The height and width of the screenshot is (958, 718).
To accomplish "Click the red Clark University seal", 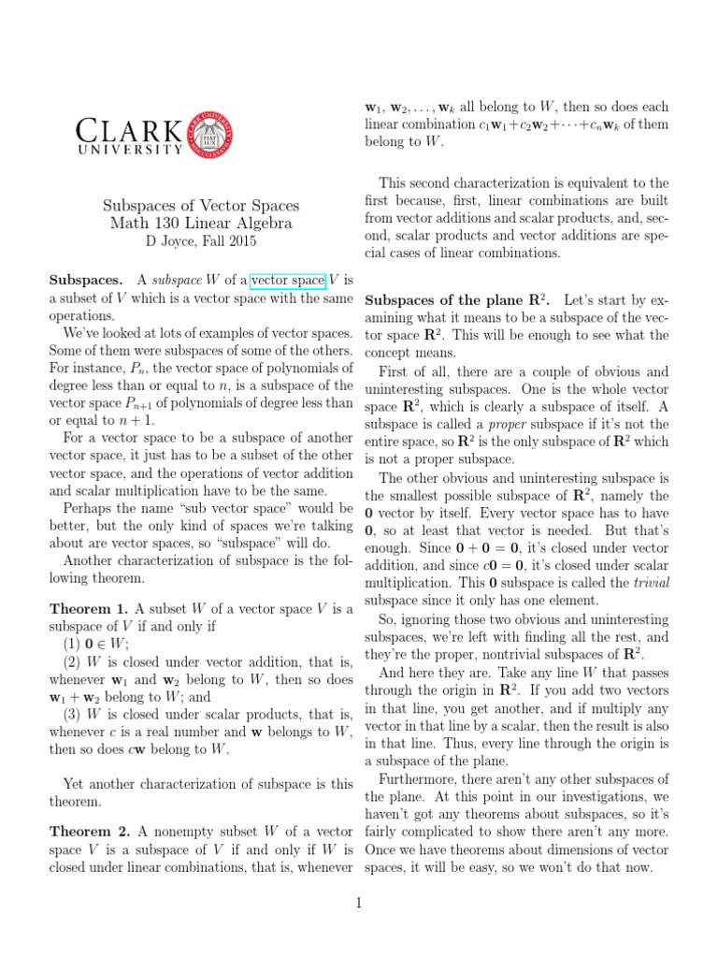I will tap(207, 130).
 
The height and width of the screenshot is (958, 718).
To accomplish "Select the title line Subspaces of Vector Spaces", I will tap(201, 205).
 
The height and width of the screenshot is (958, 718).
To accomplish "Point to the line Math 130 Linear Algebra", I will tap(201, 224).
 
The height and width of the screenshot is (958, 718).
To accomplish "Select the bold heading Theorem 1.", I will tap(89, 608).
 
